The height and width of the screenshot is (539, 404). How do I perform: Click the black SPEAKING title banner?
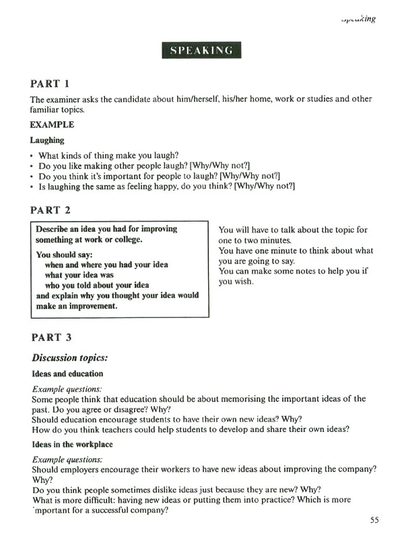[x=201, y=51]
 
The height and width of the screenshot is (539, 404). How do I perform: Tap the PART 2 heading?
[x=50, y=210]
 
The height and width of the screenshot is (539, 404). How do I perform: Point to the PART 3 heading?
[x=50, y=336]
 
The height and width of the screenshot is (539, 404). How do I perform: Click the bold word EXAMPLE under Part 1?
[x=53, y=125]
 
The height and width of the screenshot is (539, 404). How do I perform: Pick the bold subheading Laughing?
[x=47, y=140]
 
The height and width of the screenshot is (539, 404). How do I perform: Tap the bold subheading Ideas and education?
[x=67, y=373]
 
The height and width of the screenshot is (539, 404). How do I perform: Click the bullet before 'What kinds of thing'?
[x=32, y=156]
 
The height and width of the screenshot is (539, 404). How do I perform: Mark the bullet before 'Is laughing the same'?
[x=32, y=186]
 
